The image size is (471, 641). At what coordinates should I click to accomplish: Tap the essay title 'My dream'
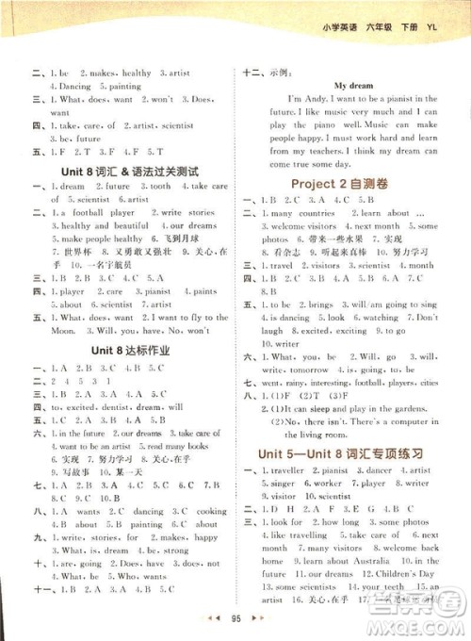[x=353, y=85]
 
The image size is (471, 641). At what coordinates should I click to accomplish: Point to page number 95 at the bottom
[x=235, y=624]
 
